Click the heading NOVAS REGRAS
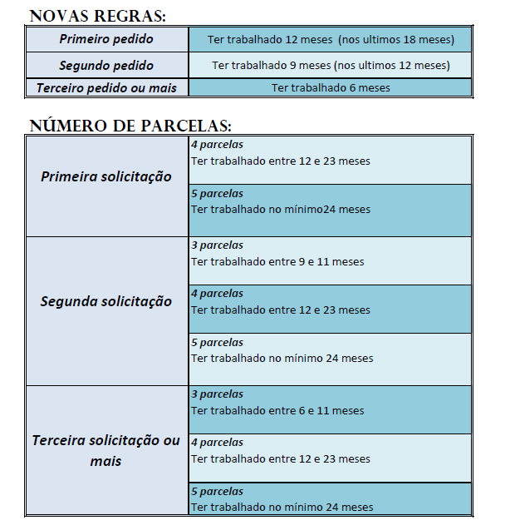click(x=97, y=15)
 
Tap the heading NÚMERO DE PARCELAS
click(x=130, y=126)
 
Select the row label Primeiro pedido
click(x=105, y=39)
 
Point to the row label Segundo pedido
click(x=105, y=65)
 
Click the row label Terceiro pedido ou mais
click(x=105, y=87)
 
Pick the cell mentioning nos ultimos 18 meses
click(x=330, y=39)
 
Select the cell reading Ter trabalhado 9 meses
click(x=330, y=65)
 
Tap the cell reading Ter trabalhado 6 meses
click(x=330, y=87)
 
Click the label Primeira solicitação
click(x=106, y=176)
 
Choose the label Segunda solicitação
click(x=106, y=301)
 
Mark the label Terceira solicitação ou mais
click(x=106, y=449)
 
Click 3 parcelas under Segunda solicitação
click(x=217, y=245)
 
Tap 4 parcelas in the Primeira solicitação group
click(x=217, y=144)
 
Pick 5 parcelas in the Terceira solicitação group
click(x=217, y=492)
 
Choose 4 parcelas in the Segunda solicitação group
click(x=217, y=294)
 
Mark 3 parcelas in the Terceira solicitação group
click(x=217, y=394)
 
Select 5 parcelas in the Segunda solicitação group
click(x=217, y=343)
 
